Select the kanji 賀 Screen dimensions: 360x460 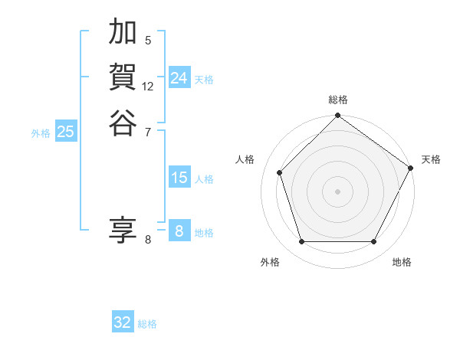click(x=123, y=77)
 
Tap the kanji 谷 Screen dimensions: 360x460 click(x=123, y=122)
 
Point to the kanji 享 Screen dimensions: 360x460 click(x=123, y=229)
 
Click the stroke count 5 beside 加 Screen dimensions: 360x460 click(x=148, y=40)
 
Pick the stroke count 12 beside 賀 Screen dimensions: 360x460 click(x=148, y=86)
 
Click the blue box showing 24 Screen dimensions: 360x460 click(x=179, y=78)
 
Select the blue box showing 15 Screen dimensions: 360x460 click(x=179, y=178)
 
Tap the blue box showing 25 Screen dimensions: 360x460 click(x=66, y=132)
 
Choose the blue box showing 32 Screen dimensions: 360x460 click(x=123, y=322)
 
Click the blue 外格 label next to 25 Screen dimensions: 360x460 click(x=41, y=133)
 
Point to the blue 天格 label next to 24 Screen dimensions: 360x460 click(x=204, y=80)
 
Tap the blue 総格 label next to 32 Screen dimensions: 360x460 click(x=147, y=324)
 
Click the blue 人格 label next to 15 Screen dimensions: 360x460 click(x=204, y=179)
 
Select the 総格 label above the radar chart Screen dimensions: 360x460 click(x=337, y=100)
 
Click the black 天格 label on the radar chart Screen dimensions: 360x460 click(x=431, y=159)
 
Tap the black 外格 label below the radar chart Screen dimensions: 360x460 click(x=270, y=262)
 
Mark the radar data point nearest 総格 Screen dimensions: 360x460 click(x=337, y=116)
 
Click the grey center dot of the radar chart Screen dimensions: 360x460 click(x=337, y=191)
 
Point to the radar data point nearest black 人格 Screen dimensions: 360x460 click(x=280, y=172)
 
